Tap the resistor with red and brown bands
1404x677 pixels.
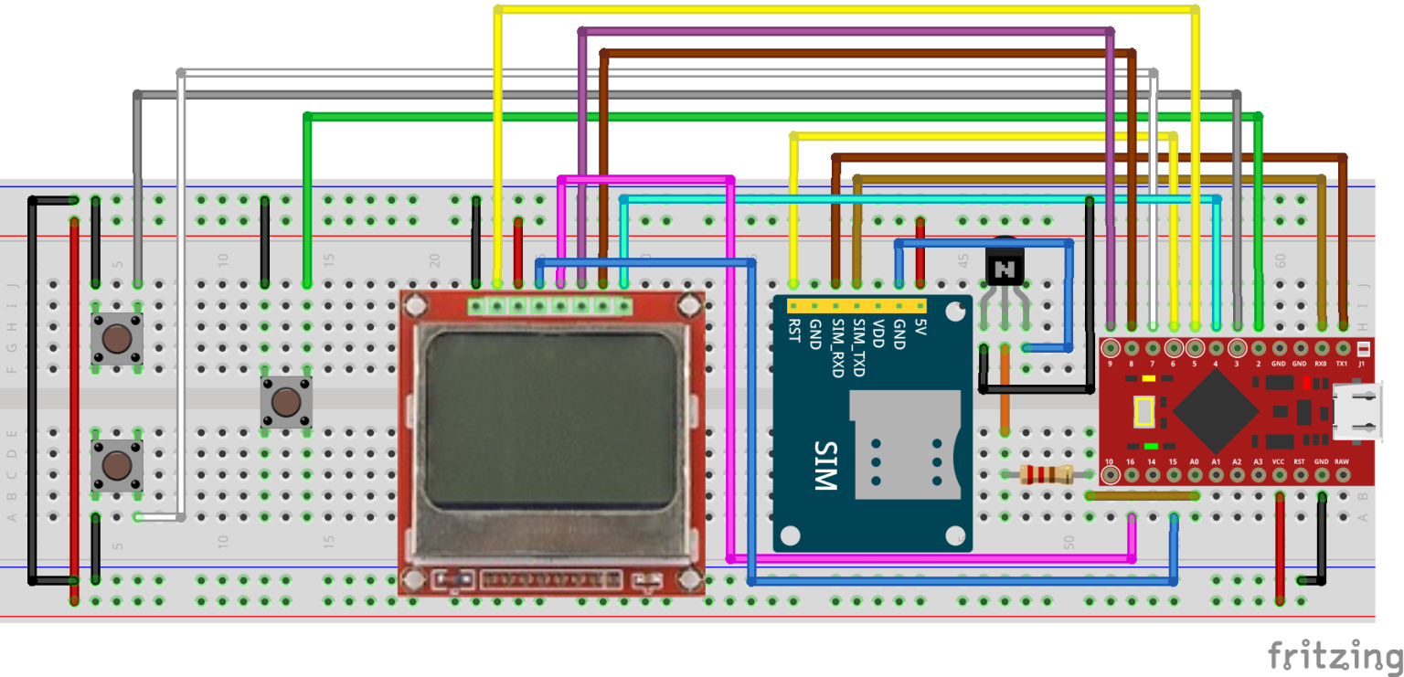tap(1045, 474)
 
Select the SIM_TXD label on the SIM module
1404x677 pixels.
tap(859, 347)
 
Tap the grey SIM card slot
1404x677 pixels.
tap(906, 445)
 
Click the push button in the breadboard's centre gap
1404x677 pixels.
tap(285, 402)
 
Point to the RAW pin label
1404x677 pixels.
tap(1342, 462)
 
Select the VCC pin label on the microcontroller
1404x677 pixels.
tap(1278, 462)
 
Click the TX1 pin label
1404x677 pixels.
tap(1342, 364)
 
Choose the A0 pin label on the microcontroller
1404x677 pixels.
tap(1194, 462)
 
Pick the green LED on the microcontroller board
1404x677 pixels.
tap(1150, 446)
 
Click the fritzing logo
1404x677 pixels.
tap(1334, 656)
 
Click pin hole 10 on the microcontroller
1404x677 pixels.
tap(1111, 475)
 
